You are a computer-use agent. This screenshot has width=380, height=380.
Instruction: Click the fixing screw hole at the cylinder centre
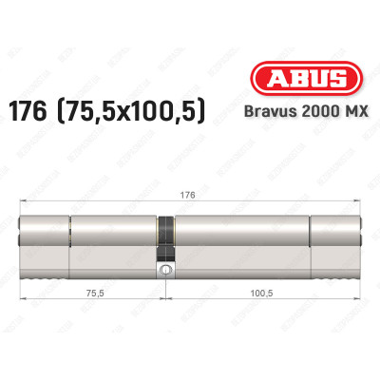(165, 271)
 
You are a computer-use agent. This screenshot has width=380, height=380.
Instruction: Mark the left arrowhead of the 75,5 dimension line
(24, 305)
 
